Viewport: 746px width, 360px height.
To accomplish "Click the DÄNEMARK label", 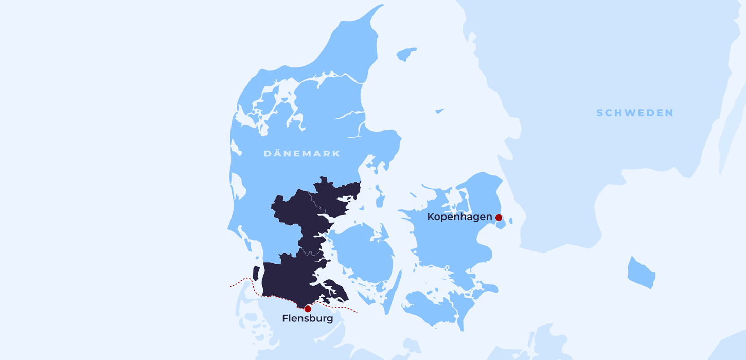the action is (x=301, y=154).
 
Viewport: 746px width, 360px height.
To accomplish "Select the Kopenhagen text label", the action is (x=459, y=217).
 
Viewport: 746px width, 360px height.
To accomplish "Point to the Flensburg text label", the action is (x=307, y=319).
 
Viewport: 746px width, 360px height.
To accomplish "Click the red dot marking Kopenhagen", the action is (x=499, y=218).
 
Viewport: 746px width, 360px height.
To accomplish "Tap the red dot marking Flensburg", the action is (x=308, y=309).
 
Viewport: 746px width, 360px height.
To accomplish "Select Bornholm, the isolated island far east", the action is (x=641, y=273).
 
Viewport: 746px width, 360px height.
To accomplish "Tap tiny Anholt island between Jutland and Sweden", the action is (x=439, y=110).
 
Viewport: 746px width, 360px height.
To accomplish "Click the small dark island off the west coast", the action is (x=256, y=273).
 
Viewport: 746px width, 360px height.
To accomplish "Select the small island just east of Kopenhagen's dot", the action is (x=510, y=221).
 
